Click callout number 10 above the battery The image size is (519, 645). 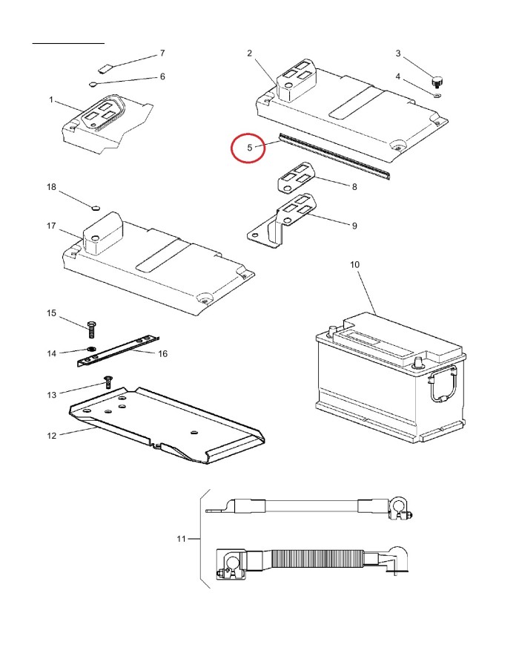pos(354,265)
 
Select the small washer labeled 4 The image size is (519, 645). pos(437,93)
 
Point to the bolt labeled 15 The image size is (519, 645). pos(90,329)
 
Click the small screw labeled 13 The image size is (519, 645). pos(108,381)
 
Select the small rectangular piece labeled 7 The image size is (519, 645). pos(105,66)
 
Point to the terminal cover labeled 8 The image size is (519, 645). pos(297,178)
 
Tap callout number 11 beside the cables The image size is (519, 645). pos(180,538)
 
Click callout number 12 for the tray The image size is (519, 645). pos(51,435)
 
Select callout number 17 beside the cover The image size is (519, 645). pos(51,225)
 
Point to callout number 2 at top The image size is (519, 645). pos(250,53)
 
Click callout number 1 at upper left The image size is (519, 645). pos(51,99)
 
